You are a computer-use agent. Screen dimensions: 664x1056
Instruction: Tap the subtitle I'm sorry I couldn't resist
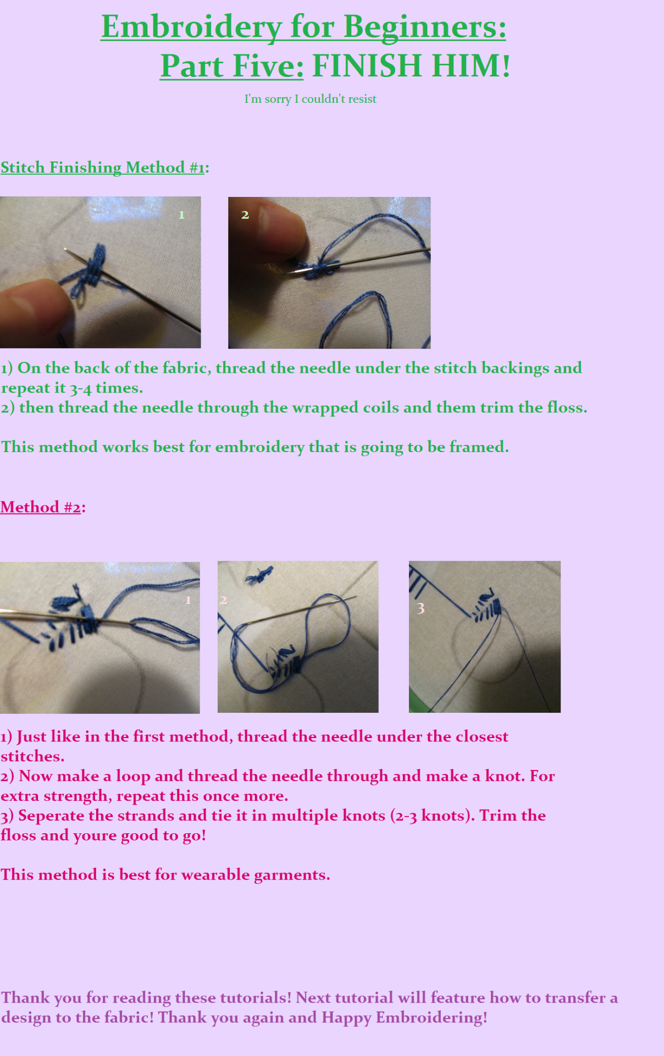pos(311,99)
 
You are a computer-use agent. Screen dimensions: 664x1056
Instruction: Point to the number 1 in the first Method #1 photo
pos(181,215)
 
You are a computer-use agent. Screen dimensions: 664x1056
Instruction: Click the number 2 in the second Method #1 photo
pos(245,215)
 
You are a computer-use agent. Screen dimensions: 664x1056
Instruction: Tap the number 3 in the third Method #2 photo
pos(420,608)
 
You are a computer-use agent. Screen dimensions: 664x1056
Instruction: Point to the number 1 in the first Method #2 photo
pos(188,599)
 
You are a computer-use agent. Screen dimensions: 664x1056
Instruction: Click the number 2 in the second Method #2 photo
pos(223,599)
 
